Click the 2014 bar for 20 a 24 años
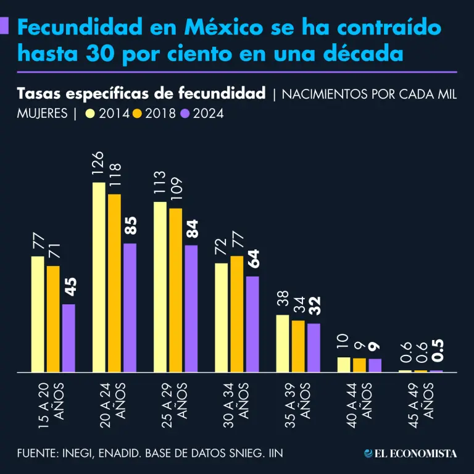point(99,278)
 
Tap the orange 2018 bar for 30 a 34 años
point(236,314)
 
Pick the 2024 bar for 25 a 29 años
point(191,309)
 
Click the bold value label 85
point(130,228)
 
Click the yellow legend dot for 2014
point(91,114)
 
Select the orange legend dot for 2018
point(137,114)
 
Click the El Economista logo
point(410,453)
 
